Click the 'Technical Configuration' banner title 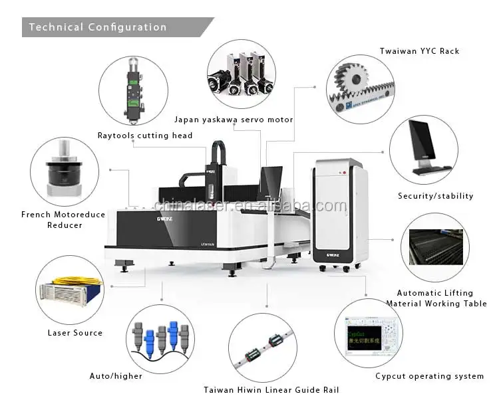pos(97,27)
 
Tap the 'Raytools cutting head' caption pos(144,136)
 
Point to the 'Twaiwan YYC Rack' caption pos(419,51)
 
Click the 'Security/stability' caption pos(436,196)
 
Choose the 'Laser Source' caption pos(75,332)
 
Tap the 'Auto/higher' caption pos(116,376)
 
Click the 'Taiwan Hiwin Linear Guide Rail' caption pos(266,390)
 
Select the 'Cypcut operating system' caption pos(429,376)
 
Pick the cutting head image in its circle pos(133,90)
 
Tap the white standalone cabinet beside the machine pos(339,213)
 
